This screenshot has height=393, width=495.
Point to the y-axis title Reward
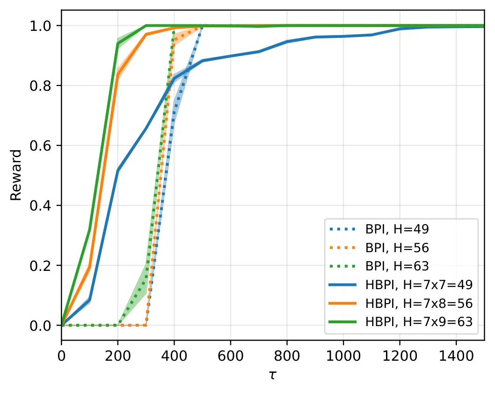tap(16, 175)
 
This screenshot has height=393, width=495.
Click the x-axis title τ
tap(273, 376)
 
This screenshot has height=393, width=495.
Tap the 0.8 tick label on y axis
tap(40, 86)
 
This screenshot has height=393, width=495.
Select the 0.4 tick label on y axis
tap(40, 205)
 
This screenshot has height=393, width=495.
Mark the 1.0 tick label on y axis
tap(40, 26)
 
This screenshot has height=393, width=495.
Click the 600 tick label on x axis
tap(231, 356)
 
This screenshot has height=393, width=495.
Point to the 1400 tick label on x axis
tap(456, 356)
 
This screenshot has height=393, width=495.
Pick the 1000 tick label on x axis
tap(343, 356)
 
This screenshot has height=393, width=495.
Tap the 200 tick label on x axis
tap(118, 356)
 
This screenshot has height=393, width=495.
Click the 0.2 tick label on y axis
tap(40, 265)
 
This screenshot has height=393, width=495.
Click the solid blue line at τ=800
tap(287, 41)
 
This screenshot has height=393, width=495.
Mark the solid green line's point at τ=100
tap(90, 230)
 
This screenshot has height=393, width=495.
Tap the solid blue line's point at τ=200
tap(118, 171)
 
